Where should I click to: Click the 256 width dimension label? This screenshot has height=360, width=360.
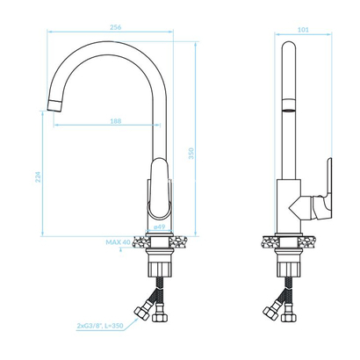[116, 27]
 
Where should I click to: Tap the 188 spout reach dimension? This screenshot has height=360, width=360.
[116, 121]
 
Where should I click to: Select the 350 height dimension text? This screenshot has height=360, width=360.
[191, 154]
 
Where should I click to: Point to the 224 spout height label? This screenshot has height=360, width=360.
[38, 176]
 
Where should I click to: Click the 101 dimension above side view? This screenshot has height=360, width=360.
[303, 30]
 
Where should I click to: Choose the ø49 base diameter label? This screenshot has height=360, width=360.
[160, 227]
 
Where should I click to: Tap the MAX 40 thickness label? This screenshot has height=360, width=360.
[118, 242]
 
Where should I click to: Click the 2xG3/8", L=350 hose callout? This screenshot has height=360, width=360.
[100, 326]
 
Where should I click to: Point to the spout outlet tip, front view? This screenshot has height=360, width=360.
[54, 105]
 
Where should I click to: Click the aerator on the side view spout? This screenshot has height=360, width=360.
[289, 105]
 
